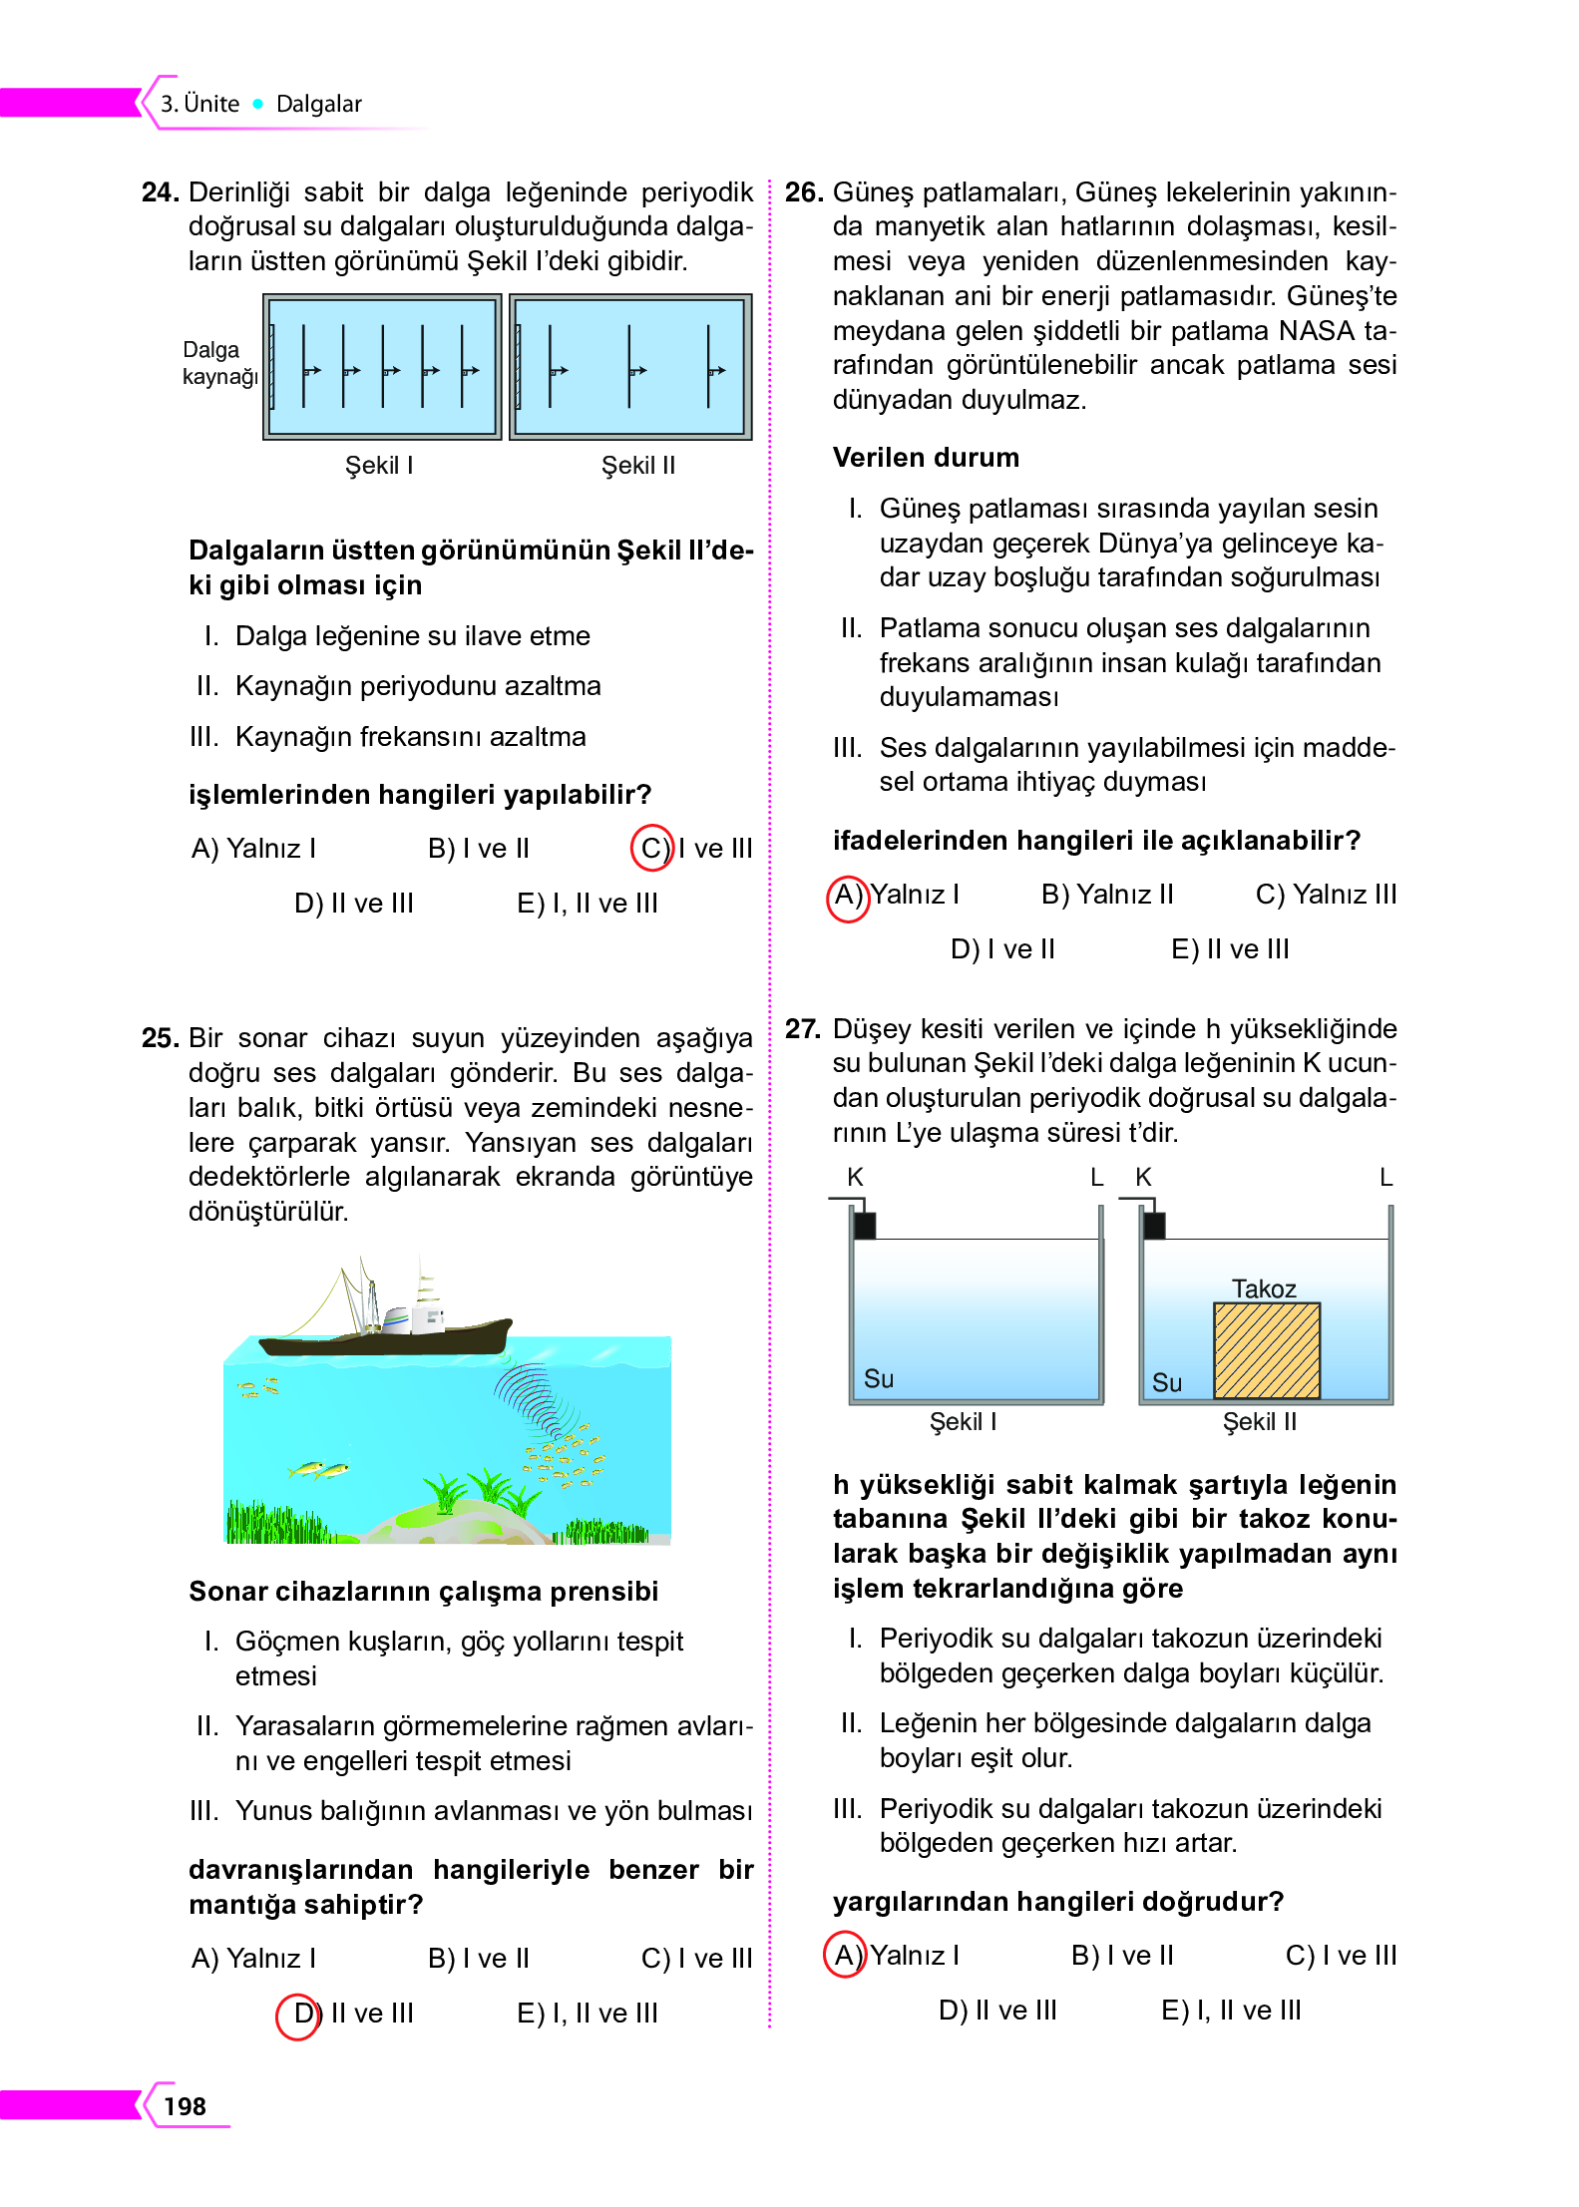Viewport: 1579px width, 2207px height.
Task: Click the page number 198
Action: [x=185, y=2105]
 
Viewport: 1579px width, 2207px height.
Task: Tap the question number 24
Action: [x=160, y=191]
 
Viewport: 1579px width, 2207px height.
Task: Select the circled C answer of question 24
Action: [x=652, y=848]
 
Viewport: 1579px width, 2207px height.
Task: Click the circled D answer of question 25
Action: [x=297, y=2014]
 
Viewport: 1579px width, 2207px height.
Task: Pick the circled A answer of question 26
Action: [x=848, y=895]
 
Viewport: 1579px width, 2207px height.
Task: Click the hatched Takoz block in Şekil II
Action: [x=1266, y=1350]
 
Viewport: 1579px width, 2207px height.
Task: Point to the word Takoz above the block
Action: [x=1263, y=1288]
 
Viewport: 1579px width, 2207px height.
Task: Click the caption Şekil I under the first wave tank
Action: [x=378, y=465]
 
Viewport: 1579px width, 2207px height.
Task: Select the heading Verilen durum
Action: [x=926, y=457]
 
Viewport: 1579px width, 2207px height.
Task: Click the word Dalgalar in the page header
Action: [x=318, y=104]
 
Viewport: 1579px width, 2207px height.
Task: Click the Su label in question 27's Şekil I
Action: [x=878, y=1378]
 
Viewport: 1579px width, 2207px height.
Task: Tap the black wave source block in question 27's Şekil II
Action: [x=1154, y=1225]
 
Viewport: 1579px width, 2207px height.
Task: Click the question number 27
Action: [x=802, y=1028]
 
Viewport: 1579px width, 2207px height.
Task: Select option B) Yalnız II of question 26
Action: [x=1106, y=894]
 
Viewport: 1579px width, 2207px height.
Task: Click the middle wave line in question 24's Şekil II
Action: [x=629, y=367]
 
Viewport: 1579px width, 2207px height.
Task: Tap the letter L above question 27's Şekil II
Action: [x=1385, y=1178]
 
